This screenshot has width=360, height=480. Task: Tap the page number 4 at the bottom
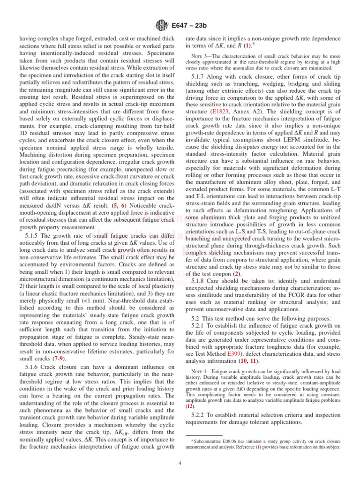click(x=180, y=464)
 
